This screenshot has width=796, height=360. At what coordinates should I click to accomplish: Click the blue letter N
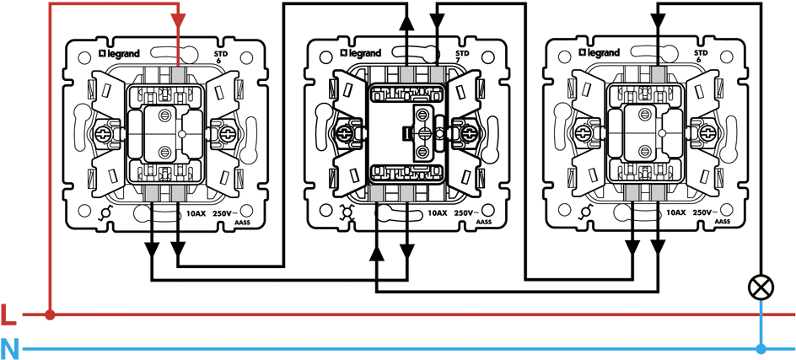(x=9, y=347)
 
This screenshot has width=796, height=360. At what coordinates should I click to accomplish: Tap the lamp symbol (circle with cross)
(x=761, y=287)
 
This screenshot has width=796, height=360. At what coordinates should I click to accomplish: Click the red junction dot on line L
(x=51, y=315)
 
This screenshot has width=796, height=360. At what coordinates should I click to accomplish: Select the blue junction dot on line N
(x=761, y=347)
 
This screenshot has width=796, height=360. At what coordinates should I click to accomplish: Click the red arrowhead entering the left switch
(x=179, y=21)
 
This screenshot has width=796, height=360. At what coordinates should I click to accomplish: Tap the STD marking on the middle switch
(x=461, y=52)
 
